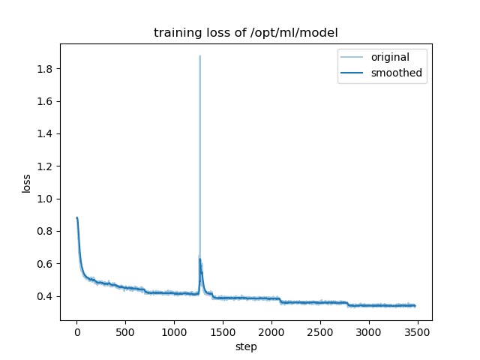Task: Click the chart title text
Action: (x=246, y=33)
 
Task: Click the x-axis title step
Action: (x=246, y=346)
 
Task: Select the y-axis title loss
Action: (x=26, y=183)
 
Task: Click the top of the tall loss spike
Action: (x=199, y=56)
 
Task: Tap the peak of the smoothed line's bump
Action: (x=199, y=259)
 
